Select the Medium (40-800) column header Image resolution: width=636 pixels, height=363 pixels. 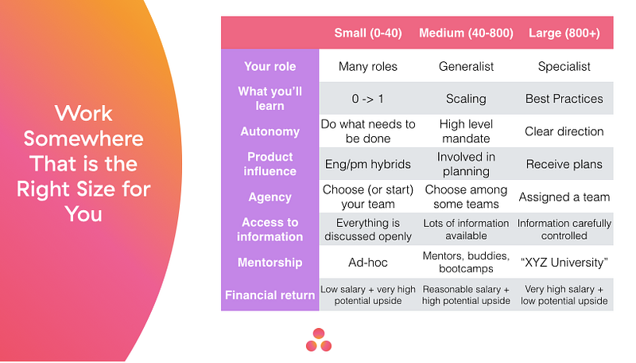click(x=464, y=33)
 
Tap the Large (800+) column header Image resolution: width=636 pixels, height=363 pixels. click(x=564, y=33)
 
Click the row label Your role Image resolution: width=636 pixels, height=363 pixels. click(x=270, y=67)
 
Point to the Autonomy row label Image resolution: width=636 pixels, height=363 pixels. click(x=270, y=131)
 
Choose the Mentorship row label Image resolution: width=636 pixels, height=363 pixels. click(x=270, y=262)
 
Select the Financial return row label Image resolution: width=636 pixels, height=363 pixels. click(x=270, y=295)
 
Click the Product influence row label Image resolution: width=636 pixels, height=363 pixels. click(x=270, y=164)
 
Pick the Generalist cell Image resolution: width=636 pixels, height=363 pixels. click(x=464, y=67)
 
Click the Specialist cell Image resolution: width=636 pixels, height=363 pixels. click(x=564, y=67)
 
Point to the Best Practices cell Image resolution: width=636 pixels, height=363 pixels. click(x=564, y=99)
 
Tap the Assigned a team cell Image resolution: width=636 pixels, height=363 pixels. click(x=564, y=197)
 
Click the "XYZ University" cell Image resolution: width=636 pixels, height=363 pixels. click(x=564, y=262)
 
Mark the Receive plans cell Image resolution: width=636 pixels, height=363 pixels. click(x=564, y=164)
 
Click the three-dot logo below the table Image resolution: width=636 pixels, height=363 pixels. click(x=318, y=339)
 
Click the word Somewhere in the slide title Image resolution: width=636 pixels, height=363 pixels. click(x=83, y=139)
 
